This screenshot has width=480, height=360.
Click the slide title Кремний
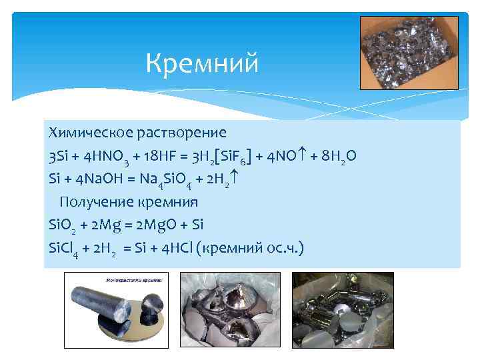tap(201, 65)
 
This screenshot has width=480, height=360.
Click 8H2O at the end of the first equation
tap(337, 156)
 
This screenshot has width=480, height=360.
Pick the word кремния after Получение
tap(166, 201)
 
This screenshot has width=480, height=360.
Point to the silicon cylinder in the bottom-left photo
tap(100, 313)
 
